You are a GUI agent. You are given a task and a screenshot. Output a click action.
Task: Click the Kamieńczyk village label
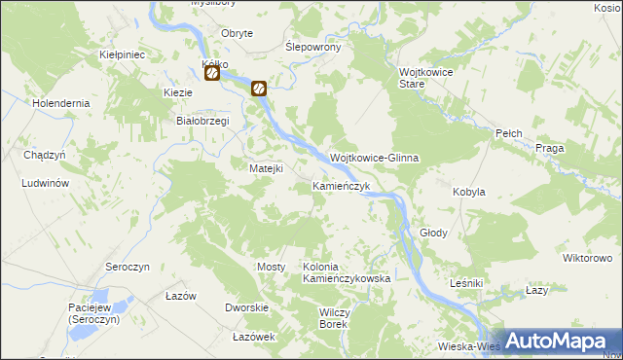tap(340, 186)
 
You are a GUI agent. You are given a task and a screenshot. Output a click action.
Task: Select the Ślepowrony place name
tap(311, 47)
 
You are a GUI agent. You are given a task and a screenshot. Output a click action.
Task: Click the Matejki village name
tap(265, 168)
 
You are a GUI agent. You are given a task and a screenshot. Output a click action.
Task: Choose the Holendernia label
tap(60, 102)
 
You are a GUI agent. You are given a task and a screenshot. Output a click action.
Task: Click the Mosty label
tap(270, 267)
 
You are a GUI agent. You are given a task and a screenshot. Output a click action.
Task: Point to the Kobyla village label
tap(468, 193)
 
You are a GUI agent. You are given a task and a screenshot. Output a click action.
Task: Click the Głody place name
tap(433, 234)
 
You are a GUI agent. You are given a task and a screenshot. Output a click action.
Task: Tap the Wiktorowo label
tap(587, 258)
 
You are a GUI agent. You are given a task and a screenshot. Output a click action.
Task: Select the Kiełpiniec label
tap(123, 55)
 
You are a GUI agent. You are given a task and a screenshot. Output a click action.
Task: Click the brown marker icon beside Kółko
tap(211, 73)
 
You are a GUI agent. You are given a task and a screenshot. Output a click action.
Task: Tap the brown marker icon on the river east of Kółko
tap(259, 89)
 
